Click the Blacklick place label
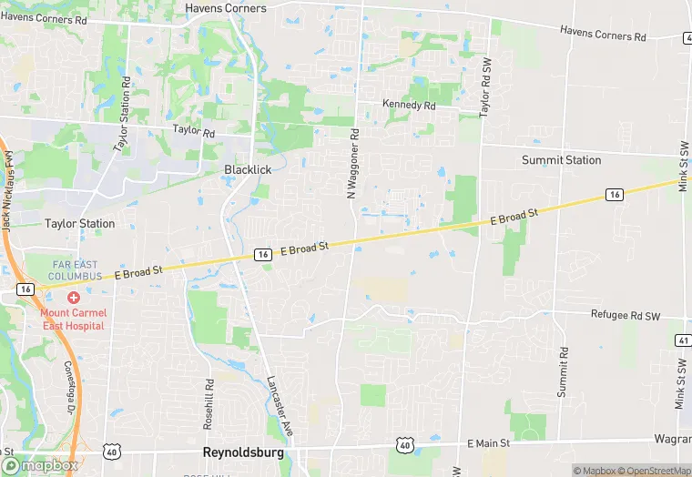click(x=248, y=169)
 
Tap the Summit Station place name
click(x=561, y=160)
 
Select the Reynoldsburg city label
click(x=242, y=452)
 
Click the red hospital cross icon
click(x=73, y=298)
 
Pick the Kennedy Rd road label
click(x=409, y=106)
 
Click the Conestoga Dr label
click(x=69, y=384)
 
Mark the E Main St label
click(x=490, y=443)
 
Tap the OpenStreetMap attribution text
click(x=655, y=471)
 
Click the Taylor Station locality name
click(x=80, y=224)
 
